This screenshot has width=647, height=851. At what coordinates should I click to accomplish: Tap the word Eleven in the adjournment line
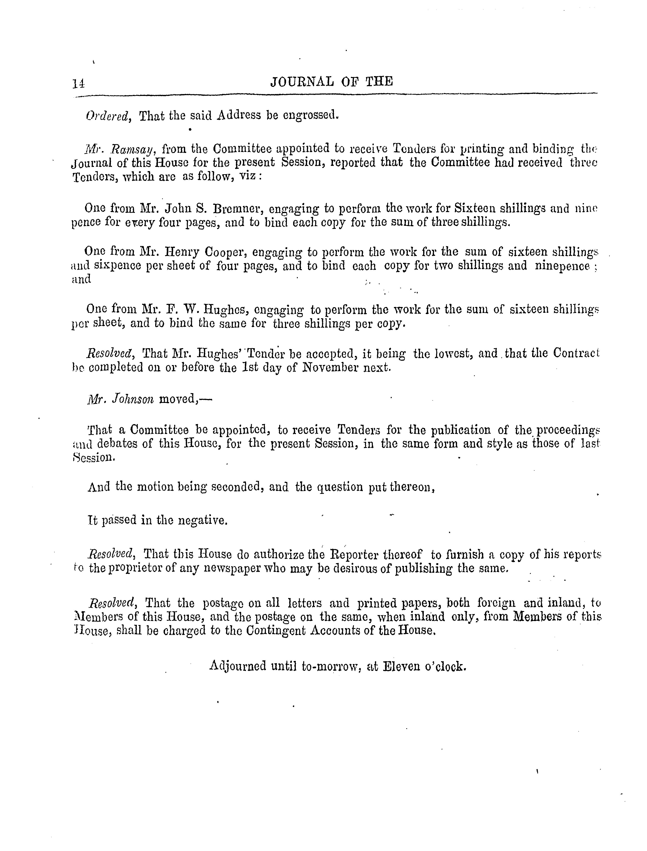click(401, 666)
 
